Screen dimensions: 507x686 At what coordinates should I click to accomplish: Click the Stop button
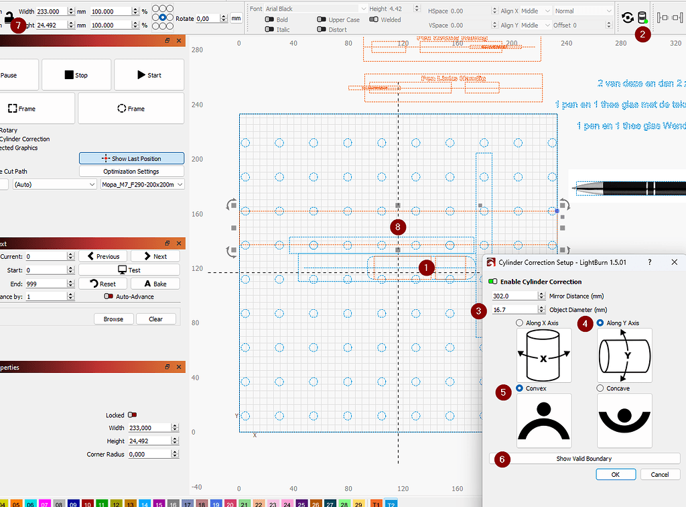pos(76,75)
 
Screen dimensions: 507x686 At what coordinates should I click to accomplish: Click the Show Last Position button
pos(131,158)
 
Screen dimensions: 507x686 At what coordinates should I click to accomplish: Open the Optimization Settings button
pos(131,172)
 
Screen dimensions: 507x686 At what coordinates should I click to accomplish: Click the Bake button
pos(155,284)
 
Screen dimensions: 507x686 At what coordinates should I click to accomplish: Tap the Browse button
pos(113,319)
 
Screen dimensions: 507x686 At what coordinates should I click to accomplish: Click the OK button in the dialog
pos(615,474)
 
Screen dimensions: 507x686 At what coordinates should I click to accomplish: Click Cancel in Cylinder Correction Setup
pos(655,474)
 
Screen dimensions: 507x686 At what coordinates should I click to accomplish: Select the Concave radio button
pos(600,388)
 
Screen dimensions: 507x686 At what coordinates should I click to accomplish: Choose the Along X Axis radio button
pos(520,323)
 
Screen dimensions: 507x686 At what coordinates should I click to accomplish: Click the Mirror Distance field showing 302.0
pos(514,296)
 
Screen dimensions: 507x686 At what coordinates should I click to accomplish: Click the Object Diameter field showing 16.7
pos(514,310)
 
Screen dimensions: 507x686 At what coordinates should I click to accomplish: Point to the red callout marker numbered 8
pos(399,227)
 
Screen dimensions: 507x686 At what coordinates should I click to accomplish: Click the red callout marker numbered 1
pos(425,267)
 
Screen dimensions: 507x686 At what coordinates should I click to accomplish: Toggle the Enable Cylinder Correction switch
pos(493,282)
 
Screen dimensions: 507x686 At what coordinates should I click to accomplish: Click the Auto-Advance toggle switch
pos(108,296)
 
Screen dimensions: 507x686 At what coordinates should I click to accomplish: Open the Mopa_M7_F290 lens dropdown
pos(142,184)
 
